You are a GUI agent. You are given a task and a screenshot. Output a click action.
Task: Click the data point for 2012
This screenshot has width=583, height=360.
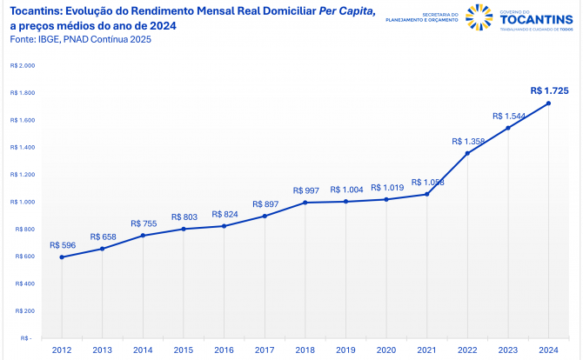[61, 257]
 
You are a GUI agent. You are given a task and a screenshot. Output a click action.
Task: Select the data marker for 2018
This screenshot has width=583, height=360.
[305, 203]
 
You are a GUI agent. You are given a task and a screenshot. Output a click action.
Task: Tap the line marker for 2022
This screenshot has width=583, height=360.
[467, 153]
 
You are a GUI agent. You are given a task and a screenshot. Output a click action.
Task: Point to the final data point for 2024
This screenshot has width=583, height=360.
[548, 103]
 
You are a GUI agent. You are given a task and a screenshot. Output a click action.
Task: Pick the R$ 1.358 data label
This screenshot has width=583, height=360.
[468, 140]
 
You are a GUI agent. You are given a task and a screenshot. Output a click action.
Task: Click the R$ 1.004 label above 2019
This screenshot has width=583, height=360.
[345, 190]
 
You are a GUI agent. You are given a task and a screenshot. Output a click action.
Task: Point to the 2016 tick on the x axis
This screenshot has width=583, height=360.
[224, 350]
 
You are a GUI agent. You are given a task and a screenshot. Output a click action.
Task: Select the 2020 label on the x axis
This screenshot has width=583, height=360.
[386, 350]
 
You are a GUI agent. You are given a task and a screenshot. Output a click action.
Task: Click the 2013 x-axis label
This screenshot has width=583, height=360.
[102, 350]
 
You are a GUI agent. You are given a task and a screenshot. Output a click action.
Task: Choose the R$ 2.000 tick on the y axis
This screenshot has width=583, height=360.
[23, 65]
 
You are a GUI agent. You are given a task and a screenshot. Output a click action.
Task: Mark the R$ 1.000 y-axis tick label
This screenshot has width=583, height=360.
[23, 202]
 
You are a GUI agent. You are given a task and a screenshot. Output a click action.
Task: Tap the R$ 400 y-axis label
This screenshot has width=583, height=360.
[23, 283]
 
